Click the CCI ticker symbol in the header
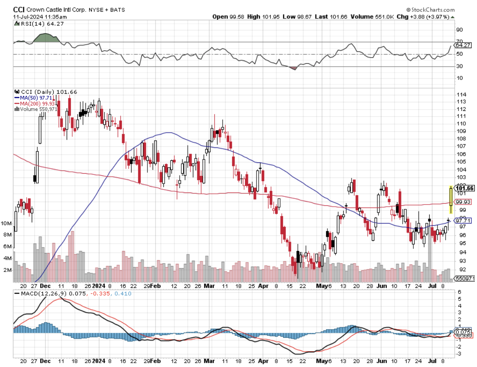coord(18,9)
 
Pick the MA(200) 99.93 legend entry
coord(38,103)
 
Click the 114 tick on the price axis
coord(459,95)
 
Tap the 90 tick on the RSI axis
coord(459,30)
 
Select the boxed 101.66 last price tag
coord(465,188)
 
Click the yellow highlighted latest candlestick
coord(450,200)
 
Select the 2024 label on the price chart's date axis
coord(99,285)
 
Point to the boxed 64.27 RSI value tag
coord(463,45)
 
